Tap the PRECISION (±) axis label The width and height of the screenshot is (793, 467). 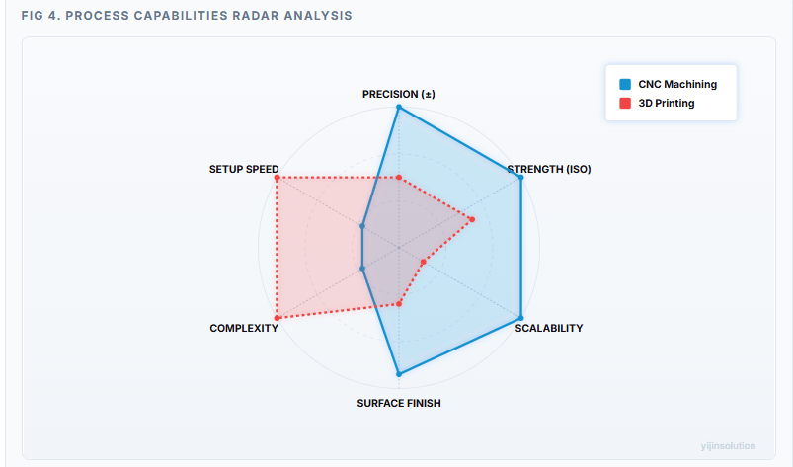tap(399, 94)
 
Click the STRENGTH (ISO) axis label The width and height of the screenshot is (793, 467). tap(549, 169)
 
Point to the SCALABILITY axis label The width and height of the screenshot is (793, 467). tap(549, 328)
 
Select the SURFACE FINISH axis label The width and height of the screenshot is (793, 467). tap(399, 403)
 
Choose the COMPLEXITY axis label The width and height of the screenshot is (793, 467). tap(244, 328)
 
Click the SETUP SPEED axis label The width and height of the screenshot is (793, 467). tap(244, 169)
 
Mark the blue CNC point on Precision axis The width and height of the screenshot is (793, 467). tap(399, 107)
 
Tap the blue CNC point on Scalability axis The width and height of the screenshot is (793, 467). tap(520, 317)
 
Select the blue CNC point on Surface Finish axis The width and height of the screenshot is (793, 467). tap(399, 374)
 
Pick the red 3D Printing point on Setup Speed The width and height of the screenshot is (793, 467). tap(278, 178)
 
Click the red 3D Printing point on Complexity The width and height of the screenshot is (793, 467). tap(278, 317)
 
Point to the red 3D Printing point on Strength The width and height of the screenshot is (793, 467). tap(472, 219)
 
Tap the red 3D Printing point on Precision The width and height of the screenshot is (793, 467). tap(399, 178)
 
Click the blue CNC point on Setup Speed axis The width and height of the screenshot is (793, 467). tap(362, 226)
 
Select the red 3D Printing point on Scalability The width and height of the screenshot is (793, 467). tap(423, 262)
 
